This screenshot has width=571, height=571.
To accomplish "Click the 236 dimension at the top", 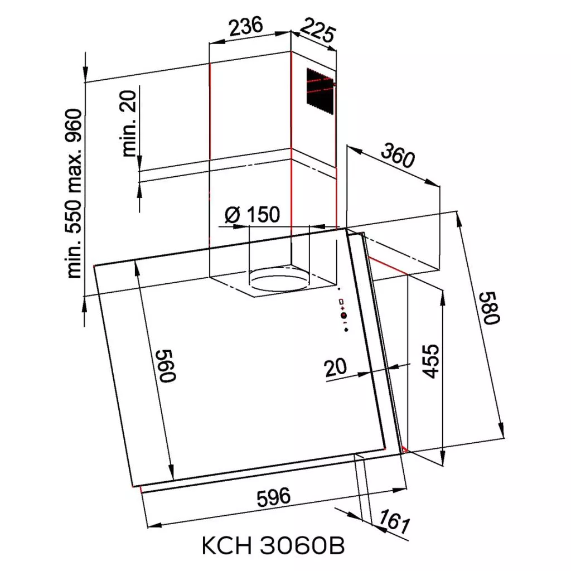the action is (246, 26).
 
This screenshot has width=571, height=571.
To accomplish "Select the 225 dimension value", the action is (317, 31).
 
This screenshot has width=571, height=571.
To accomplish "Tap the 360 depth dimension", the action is (398, 156).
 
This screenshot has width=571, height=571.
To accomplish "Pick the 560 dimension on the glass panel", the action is (167, 366).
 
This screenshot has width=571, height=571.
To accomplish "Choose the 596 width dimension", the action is (274, 497).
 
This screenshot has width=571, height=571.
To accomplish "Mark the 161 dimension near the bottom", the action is (394, 521).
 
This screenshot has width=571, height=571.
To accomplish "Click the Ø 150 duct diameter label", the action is (253, 215).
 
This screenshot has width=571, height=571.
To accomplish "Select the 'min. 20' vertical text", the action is (129, 123).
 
